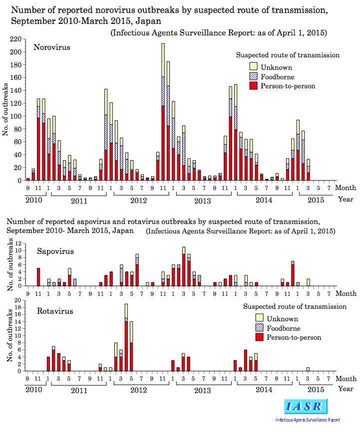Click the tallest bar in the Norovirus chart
pos(163,112)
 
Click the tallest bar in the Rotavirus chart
pos(126,338)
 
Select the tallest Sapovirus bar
pos(184,266)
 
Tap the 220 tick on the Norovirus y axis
pos(15,39)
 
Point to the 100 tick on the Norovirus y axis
pos(15,116)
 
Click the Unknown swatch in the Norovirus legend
pos(254,66)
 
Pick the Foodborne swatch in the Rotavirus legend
pos(260,327)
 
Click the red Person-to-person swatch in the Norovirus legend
pos(254,85)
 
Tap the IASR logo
pos(306,407)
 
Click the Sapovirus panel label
pos(55,251)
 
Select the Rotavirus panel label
pos(55,311)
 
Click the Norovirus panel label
pos(52,47)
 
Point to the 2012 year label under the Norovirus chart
pos(138,201)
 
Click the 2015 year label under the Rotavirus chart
pos(316,390)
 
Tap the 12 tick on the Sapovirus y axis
pos(18,243)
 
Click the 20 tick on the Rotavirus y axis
pos(18,300)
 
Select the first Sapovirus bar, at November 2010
pos(38,277)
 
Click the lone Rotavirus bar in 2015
pos(308,369)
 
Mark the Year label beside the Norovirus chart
pos(346,199)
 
